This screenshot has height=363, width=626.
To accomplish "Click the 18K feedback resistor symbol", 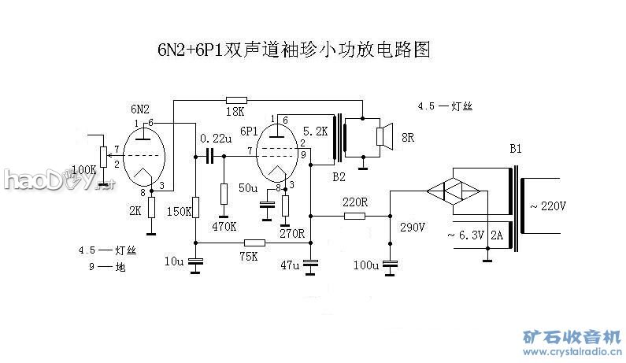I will point(236,100).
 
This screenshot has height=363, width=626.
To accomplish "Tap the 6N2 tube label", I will point(141,109).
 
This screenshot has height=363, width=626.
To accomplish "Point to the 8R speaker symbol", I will point(384,137).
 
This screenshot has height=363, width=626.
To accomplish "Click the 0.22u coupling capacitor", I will point(209,156).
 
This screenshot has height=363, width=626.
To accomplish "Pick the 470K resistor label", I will point(224,227).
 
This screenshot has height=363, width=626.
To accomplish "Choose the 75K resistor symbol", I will point(254,243).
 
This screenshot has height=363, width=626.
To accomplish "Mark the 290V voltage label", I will point(413,228).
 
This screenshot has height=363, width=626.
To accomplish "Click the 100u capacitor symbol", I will point(390,265).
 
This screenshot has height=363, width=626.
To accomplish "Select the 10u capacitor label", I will point(175,261).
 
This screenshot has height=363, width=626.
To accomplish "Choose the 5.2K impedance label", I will point(314,131).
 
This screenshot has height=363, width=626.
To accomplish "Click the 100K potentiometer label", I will point(85,169).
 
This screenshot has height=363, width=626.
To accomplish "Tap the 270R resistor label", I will point(291,233).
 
